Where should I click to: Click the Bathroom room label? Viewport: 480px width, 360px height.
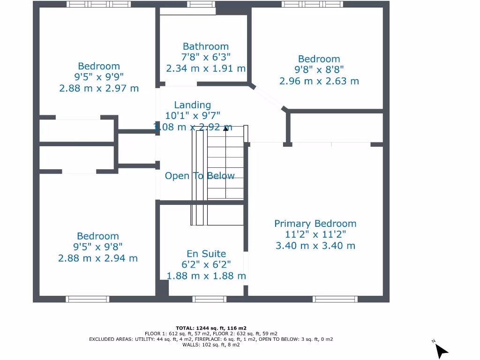point(206,46)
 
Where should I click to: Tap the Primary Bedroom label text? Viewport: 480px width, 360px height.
point(315,224)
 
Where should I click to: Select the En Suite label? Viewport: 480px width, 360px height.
point(206,254)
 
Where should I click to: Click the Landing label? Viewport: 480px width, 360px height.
point(192,105)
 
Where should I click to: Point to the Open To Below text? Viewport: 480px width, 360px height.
point(199,176)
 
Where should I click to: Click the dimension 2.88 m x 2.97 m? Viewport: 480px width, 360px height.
point(99,88)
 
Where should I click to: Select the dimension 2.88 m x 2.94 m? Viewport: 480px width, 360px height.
point(98,258)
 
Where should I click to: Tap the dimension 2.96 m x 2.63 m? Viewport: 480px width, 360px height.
point(319,81)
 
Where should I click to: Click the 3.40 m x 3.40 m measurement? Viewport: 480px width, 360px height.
point(315,246)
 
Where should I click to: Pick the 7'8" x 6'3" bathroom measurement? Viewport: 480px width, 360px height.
point(206,57)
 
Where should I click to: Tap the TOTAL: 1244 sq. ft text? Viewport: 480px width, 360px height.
point(211,328)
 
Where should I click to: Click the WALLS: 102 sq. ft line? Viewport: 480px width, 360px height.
point(211,345)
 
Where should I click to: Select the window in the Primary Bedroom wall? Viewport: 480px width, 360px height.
point(335,299)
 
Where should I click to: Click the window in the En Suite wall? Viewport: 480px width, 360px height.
point(206,299)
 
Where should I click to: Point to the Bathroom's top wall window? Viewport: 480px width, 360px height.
point(202,4)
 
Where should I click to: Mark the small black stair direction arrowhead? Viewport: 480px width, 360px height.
point(225,128)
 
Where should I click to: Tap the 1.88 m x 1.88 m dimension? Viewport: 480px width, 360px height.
point(206,276)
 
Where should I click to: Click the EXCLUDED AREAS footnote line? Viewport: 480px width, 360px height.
point(211,339)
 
